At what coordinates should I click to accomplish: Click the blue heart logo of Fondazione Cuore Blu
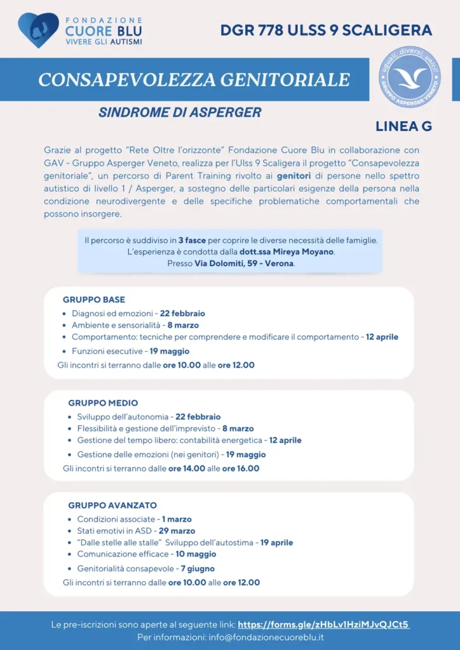point(38,29)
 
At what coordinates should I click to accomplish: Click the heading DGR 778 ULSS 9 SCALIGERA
point(326,30)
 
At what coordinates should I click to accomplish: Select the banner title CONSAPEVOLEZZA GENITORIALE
point(194,79)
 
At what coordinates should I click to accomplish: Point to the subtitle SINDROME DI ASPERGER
point(180,112)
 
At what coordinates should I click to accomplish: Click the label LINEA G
point(403,126)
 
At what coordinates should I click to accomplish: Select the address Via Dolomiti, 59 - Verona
point(244,263)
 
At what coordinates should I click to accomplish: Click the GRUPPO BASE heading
point(94,300)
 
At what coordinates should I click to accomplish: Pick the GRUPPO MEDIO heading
point(103,403)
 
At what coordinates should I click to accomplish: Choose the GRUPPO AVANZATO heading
point(112,505)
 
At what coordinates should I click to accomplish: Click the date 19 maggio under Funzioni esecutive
point(170,351)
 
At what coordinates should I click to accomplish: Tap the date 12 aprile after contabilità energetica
point(285,440)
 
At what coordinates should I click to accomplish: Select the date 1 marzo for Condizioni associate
point(177,519)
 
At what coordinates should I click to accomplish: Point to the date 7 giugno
point(198,569)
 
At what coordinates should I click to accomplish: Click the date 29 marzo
point(177,531)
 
